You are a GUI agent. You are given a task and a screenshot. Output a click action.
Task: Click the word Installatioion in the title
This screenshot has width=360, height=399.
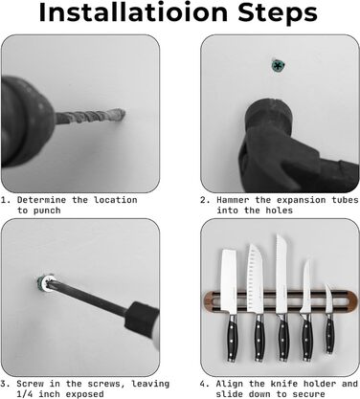pos(133,11)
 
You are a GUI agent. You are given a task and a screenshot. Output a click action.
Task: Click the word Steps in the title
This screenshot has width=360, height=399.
pos(278,13)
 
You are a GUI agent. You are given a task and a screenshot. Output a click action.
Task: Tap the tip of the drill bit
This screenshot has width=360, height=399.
pos(123,114)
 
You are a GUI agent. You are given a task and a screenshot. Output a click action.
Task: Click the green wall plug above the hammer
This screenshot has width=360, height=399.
pos(278,66)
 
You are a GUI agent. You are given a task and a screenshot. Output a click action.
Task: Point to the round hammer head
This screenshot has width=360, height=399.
pos(269,116)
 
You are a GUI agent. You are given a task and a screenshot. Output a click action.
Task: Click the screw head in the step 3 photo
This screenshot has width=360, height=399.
pos(46,282)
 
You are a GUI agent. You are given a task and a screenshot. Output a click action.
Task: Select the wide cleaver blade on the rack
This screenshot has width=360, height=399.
pos(229,280)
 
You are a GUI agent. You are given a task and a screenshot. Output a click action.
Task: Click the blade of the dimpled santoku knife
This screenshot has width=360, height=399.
pos(255,279)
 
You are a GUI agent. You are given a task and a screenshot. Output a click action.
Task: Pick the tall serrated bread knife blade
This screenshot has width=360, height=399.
pos(281,275)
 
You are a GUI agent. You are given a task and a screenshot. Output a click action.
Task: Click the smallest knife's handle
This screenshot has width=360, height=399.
pos(330,333)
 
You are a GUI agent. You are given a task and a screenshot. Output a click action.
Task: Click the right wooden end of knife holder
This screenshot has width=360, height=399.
pos(350,300)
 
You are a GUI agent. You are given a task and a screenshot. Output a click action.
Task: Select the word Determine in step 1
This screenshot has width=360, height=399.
pos(41,200)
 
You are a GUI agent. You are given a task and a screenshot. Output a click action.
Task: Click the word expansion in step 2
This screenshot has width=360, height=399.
pos(302,200)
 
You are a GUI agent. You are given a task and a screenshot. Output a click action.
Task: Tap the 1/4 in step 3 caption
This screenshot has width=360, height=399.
pos(25,394)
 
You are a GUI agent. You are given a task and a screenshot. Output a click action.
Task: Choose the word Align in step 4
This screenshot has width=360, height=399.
pos(230,384)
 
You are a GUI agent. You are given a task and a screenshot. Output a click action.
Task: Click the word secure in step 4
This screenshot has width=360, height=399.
pos(308,394)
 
